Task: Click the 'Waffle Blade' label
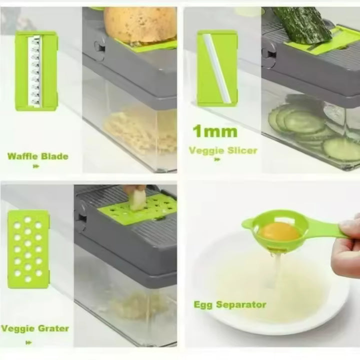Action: (37, 156)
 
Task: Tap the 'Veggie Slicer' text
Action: (222, 150)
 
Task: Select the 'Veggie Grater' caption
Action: (35, 328)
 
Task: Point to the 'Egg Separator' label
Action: (229, 304)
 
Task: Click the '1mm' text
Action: (214, 132)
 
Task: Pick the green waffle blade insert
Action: (36, 70)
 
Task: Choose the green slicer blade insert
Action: (216, 68)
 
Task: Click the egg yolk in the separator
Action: (279, 231)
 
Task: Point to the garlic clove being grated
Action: (135, 200)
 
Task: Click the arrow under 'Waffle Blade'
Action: (35, 166)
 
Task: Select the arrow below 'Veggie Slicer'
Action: (216, 160)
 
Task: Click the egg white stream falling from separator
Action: (273, 270)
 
